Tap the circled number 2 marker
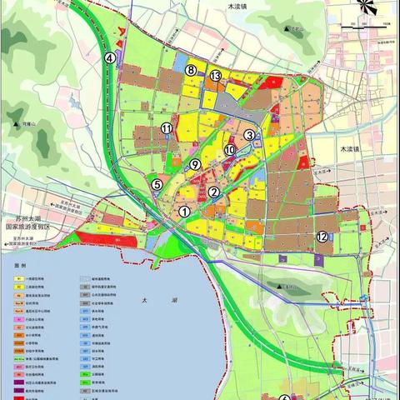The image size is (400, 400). point(215,192)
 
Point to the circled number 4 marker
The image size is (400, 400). point(110,58)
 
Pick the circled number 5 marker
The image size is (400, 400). point(157,184)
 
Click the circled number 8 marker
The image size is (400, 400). point(192,71)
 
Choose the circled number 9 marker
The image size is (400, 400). point(195,165)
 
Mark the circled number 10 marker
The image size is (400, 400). point(229,149)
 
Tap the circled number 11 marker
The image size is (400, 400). point(167,128)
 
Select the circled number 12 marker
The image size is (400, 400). point(322,237)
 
